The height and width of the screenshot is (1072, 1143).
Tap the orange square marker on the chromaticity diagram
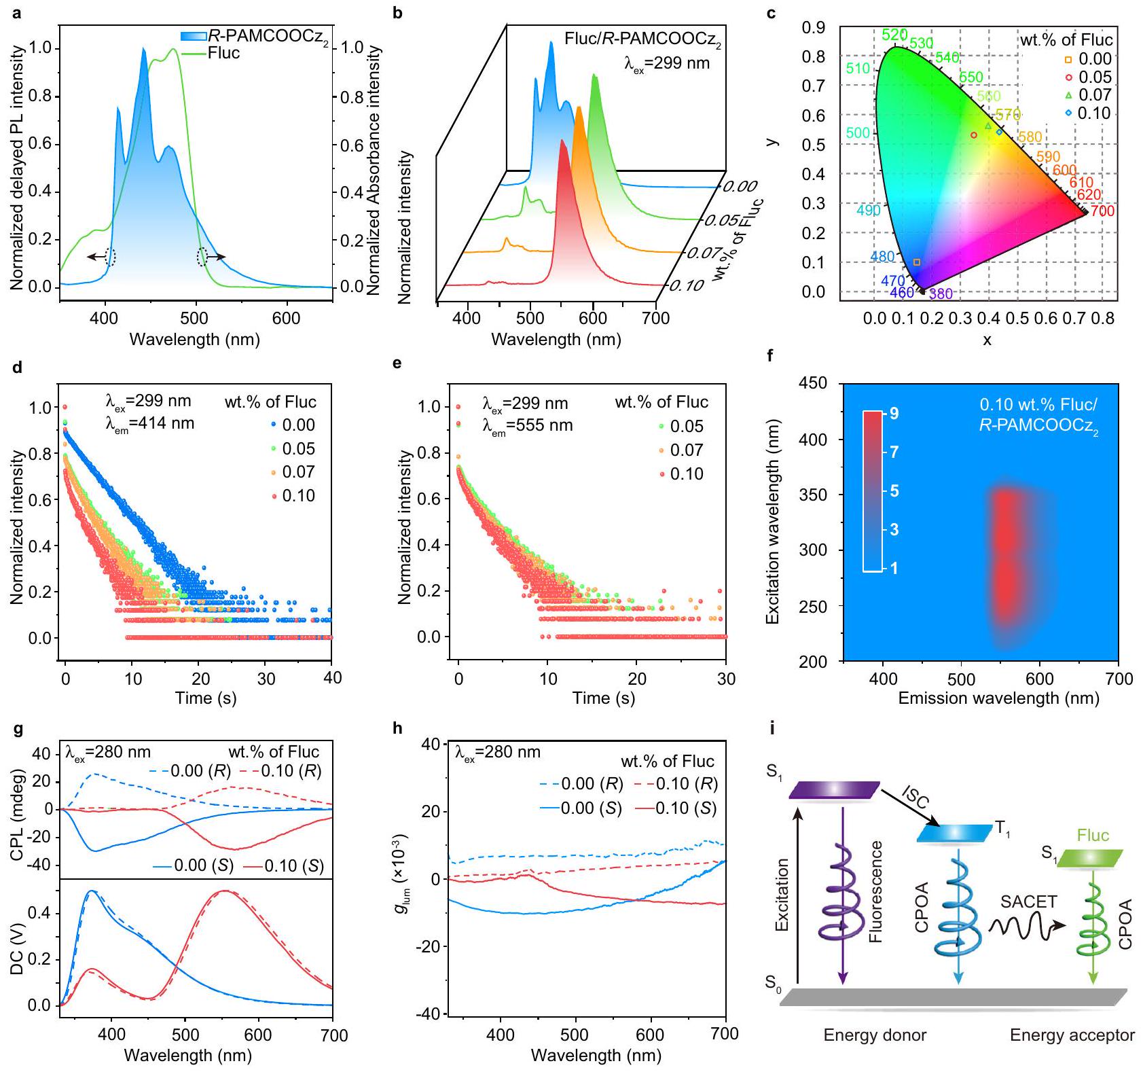pyautogui.click(x=917, y=262)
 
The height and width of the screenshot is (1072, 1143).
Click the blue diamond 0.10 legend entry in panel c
pyautogui.click(x=1087, y=113)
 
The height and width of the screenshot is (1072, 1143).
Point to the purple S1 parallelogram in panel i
pyautogui.click(x=835, y=791)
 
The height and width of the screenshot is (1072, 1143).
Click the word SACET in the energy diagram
pyautogui.click(x=1028, y=902)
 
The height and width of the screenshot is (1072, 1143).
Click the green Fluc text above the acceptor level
pyautogui.click(x=1093, y=836)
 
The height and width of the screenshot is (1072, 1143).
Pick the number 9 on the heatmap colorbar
pyautogui.click(x=894, y=413)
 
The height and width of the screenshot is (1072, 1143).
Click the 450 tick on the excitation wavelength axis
pyautogui.click(x=814, y=384)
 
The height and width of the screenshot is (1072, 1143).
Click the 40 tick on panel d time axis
pyautogui.click(x=331, y=678)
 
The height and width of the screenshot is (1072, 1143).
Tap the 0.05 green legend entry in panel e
pyautogui.click(x=679, y=427)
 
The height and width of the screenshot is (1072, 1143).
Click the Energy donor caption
pyautogui.click(x=875, y=1035)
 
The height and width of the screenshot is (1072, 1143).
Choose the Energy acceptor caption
pyautogui.click(x=1072, y=1035)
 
